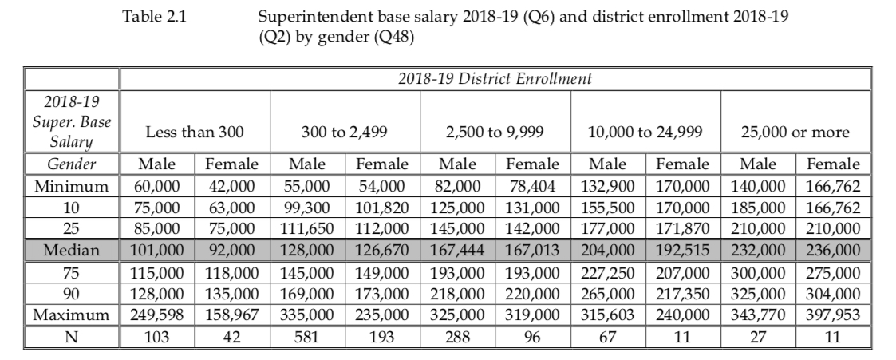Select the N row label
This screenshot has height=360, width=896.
pyautogui.click(x=71, y=334)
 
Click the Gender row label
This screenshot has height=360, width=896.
pyautogui.click(x=71, y=165)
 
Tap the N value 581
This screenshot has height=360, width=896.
pyautogui.click(x=307, y=334)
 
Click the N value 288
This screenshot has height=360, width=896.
pyautogui.click(x=457, y=334)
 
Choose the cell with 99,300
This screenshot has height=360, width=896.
pyautogui.click(x=307, y=208)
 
